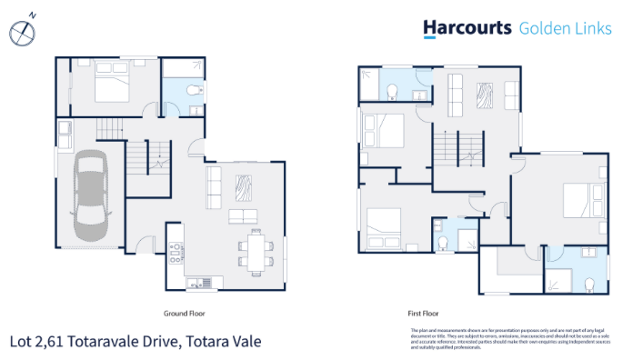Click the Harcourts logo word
coord(467,28)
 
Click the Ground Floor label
coord(185,312)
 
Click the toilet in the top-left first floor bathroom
coord(391,90)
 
